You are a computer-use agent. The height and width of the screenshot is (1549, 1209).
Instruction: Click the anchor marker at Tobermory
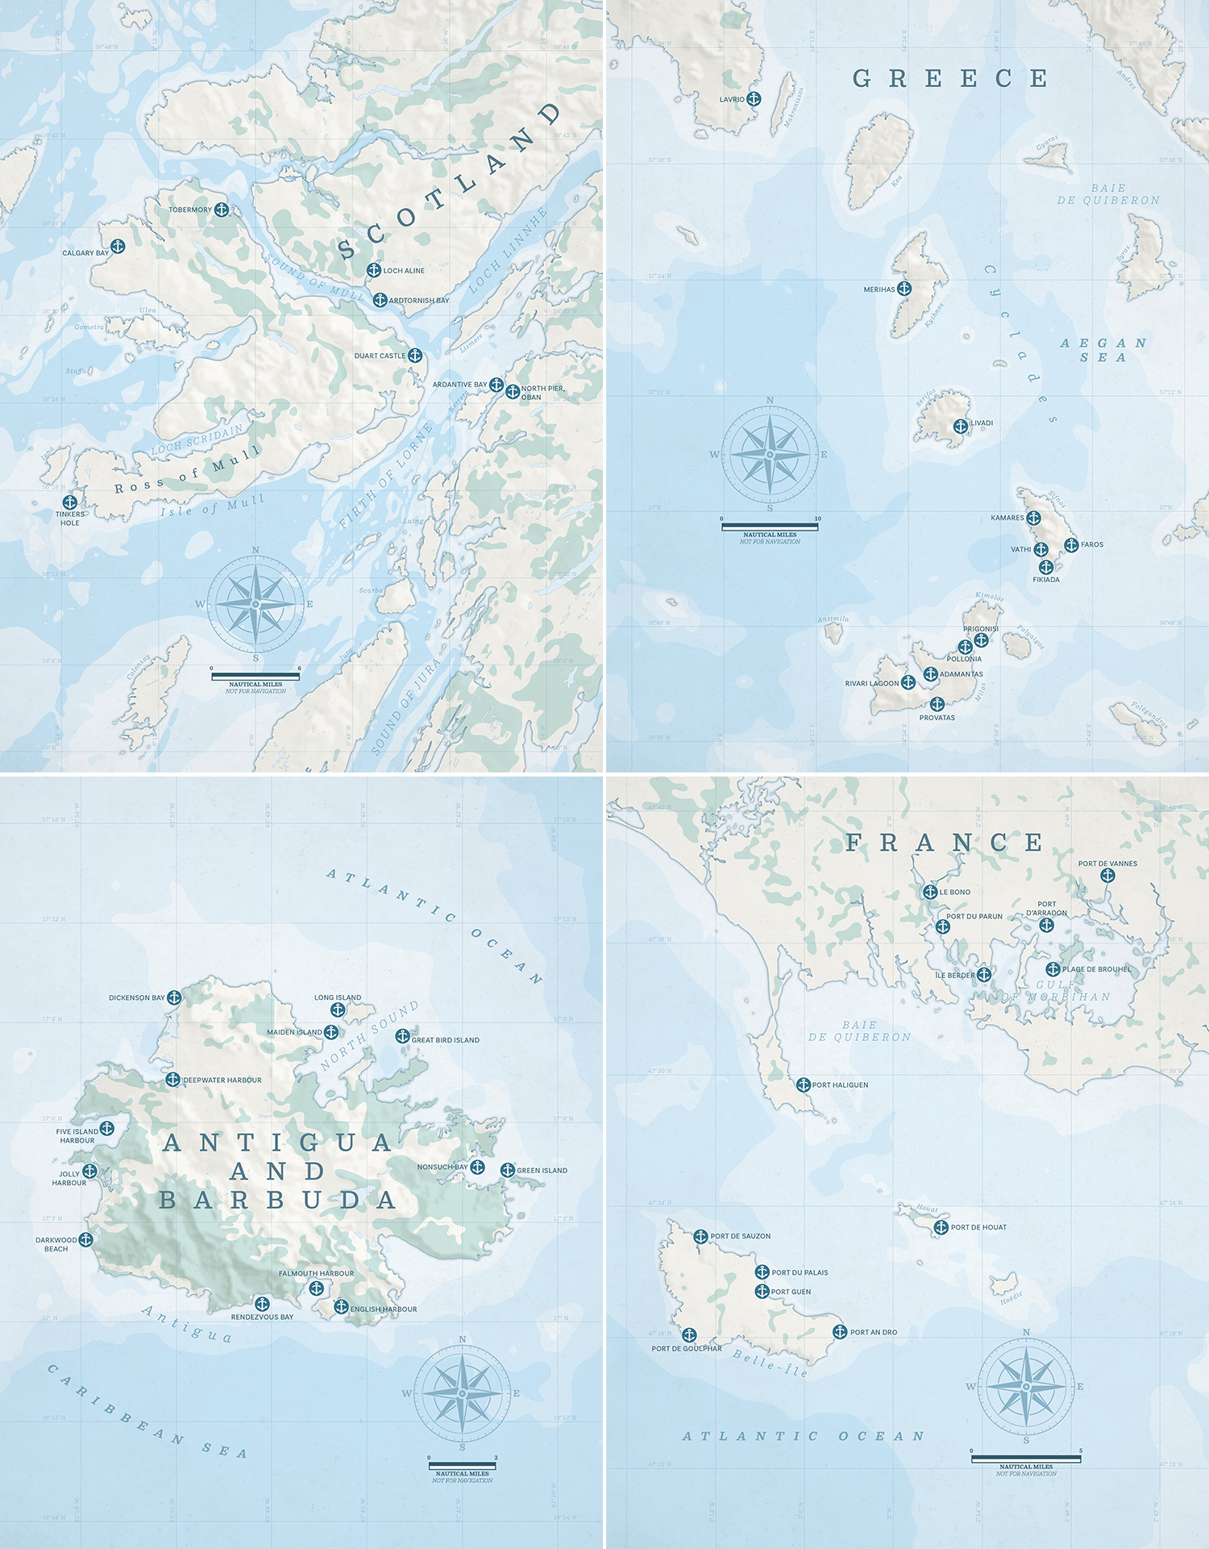click(x=222, y=210)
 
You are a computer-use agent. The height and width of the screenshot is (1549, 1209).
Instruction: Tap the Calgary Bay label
click(x=85, y=253)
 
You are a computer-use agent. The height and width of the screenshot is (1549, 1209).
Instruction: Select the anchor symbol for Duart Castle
click(x=415, y=355)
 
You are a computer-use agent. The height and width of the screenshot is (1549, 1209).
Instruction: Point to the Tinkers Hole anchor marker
click(x=70, y=502)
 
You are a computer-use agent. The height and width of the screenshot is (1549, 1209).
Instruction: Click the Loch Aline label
click(x=404, y=271)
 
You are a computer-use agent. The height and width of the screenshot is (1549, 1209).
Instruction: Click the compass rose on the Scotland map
click(x=256, y=603)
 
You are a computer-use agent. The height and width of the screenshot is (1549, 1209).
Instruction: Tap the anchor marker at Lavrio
click(x=754, y=99)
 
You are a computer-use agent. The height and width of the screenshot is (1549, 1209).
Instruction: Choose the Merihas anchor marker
click(x=904, y=289)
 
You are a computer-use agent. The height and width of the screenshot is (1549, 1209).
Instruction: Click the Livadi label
click(x=982, y=423)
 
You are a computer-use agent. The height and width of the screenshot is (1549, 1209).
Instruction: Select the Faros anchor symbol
click(x=1071, y=545)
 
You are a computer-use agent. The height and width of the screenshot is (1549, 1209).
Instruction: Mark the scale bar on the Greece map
click(x=770, y=527)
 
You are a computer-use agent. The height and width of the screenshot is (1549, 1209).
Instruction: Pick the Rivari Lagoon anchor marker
click(x=908, y=683)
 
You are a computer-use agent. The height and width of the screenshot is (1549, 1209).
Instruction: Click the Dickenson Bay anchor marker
click(x=174, y=997)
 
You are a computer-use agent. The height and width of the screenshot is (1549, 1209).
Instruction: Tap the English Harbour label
click(x=384, y=1310)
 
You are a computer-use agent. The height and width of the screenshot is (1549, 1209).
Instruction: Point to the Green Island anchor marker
click(x=507, y=1170)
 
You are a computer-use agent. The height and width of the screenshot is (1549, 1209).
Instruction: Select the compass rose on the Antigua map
click(x=463, y=1393)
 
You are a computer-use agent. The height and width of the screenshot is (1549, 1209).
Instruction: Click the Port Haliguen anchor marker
click(x=803, y=1085)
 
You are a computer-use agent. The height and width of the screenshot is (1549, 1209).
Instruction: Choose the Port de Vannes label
click(x=1107, y=864)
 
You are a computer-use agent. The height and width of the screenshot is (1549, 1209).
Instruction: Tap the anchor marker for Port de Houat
click(x=941, y=1227)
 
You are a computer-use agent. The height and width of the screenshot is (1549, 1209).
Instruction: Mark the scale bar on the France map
click(x=1026, y=1459)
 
